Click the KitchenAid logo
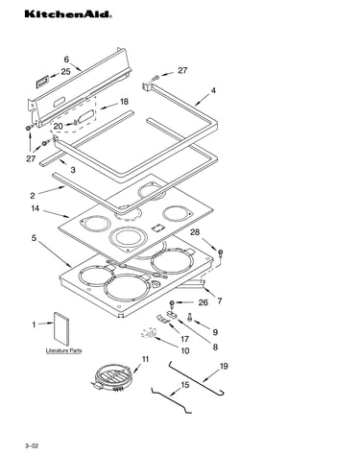pyautogui.click(x=68, y=14)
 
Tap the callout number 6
pyautogui.click(x=66, y=60)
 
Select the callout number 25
pyautogui.click(x=65, y=71)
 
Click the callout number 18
pyautogui.click(x=124, y=102)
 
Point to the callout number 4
pyautogui.click(x=213, y=90)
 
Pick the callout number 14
pyautogui.click(x=36, y=208)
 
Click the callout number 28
pyautogui.click(x=195, y=232)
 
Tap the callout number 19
pyautogui.click(x=224, y=366)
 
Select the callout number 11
pyautogui.click(x=146, y=359)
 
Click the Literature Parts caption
pyautogui.click(x=63, y=350)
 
